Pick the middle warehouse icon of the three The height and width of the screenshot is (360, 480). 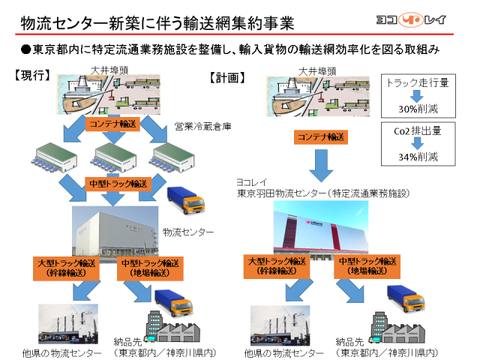113,157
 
